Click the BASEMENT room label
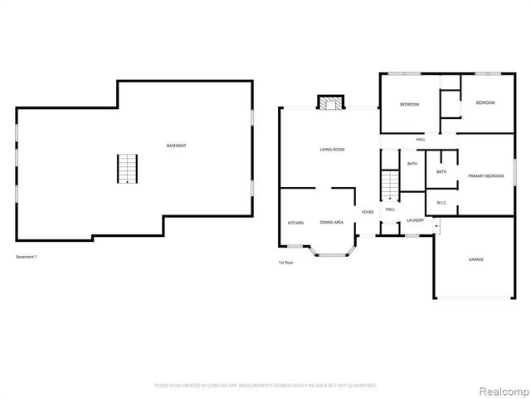click(176, 146)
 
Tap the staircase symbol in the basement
click(124, 169)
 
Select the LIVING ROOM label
click(332, 150)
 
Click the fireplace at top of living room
click(329, 102)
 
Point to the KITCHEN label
click(295, 223)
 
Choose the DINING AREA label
click(333, 223)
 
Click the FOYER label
click(367, 212)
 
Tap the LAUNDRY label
click(416, 220)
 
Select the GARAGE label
click(475, 259)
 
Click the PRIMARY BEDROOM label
click(485, 176)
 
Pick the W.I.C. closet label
click(441, 203)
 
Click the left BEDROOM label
click(409, 105)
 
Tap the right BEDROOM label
click(485, 102)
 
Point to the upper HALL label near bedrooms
click(421, 139)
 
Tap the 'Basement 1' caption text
click(27, 257)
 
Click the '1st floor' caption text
click(286, 263)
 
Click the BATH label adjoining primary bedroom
click(441, 172)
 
